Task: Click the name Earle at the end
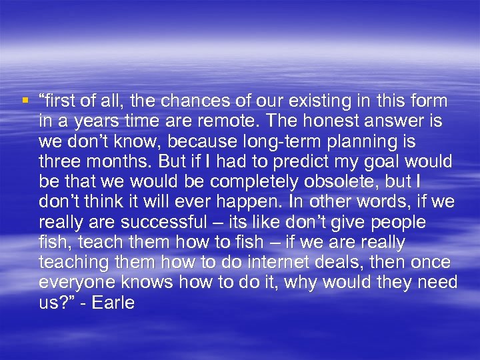(x=113, y=303)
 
